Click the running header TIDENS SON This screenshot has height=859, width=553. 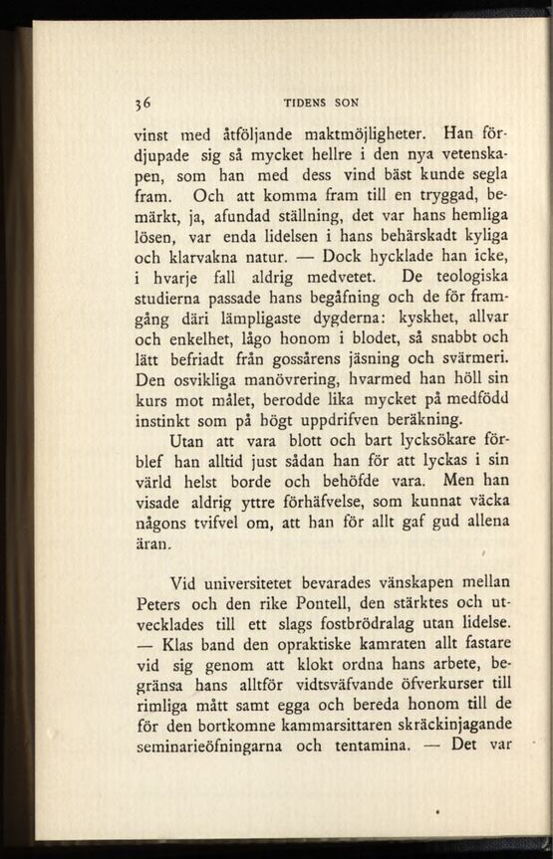click(321, 102)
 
